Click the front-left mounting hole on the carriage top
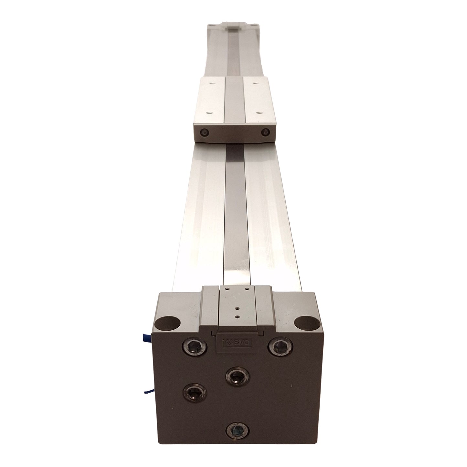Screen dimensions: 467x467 (209, 113)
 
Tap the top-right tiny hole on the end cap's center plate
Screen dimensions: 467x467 (247, 289)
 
